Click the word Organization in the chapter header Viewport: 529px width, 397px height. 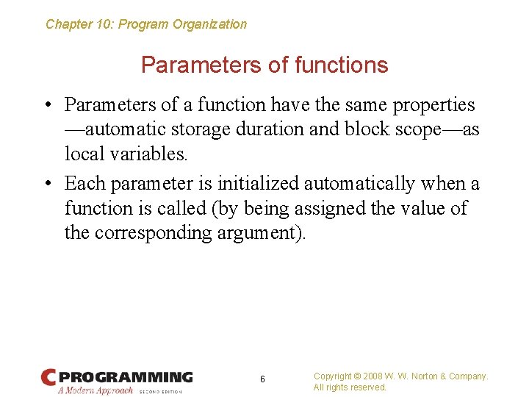pos(209,24)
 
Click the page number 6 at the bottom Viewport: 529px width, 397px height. pos(262,379)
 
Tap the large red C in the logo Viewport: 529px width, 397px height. pos(48,377)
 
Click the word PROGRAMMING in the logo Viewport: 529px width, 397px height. pos(126,376)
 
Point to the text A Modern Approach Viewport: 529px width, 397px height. pos(95,390)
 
